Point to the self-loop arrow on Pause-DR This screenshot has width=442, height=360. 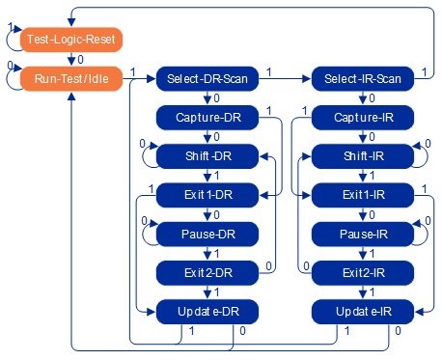point(146,233)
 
